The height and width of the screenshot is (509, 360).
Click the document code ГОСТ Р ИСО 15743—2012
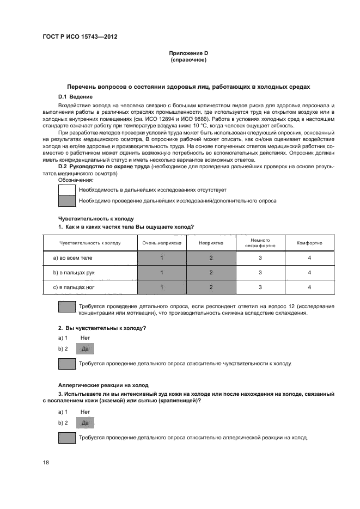[80, 37]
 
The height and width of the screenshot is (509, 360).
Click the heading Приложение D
[188, 53]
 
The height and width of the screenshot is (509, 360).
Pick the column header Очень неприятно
[162, 243]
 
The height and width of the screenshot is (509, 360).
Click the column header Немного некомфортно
[260, 243]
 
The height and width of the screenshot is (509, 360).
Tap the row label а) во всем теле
[72, 257]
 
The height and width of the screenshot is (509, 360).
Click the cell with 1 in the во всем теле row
[162, 257]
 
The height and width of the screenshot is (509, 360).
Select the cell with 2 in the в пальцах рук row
[211, 272]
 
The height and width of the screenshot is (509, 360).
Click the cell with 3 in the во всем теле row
[260, 257]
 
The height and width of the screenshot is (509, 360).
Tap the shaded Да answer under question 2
[84, 348]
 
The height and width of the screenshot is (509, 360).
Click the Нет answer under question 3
[84, 412]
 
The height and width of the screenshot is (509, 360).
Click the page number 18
[46, 462]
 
